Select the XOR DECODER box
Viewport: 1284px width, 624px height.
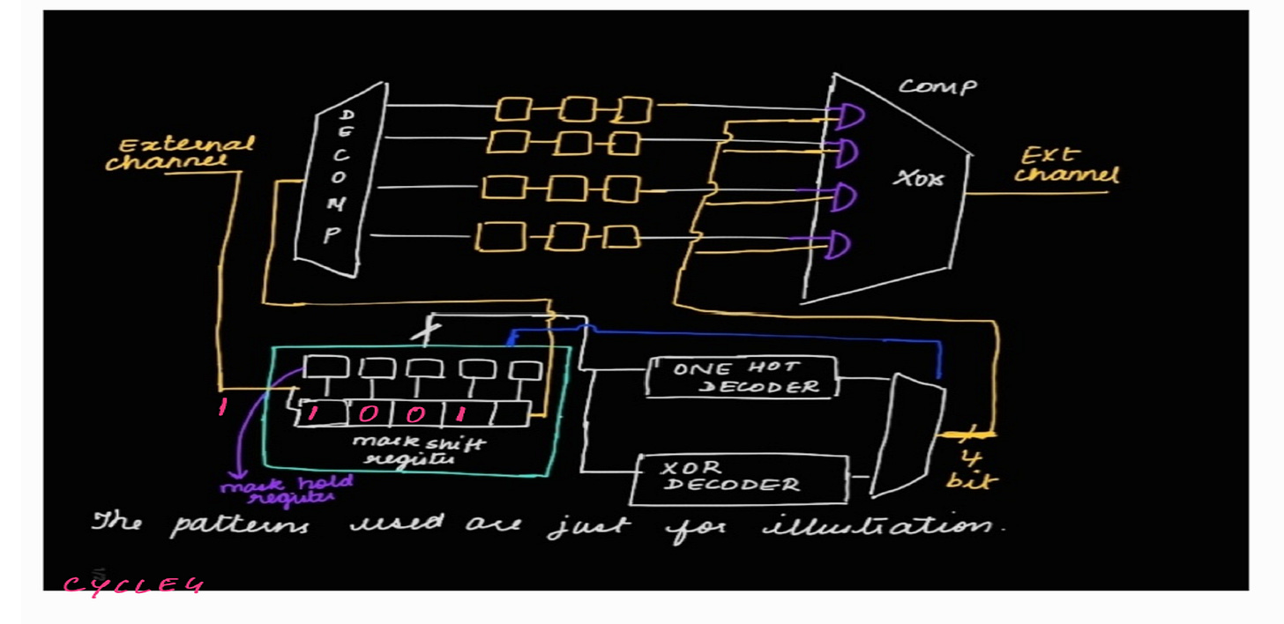coord(741,479)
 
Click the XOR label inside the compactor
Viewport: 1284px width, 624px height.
coord(918,179)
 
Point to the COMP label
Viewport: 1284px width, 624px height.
coord(937,87)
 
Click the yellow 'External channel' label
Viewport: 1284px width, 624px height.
coord(176,152)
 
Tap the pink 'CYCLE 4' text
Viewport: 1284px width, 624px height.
coord(133,585)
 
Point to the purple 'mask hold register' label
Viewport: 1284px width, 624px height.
coord(287,489)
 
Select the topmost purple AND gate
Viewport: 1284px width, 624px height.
coord(848,115)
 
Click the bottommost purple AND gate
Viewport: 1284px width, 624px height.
coord(837,245)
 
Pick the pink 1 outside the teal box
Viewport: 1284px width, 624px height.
coord(222,408)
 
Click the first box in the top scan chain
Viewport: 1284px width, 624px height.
coord(511,109)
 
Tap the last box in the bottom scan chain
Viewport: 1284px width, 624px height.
coord(623,236)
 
